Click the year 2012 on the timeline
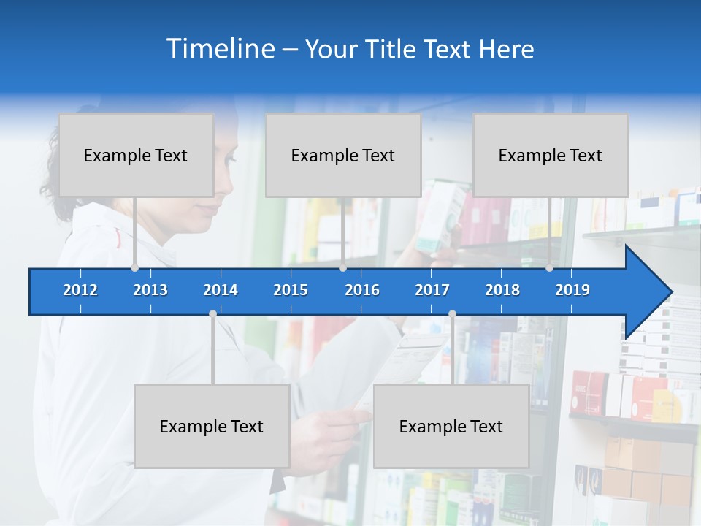[x=80, y=290]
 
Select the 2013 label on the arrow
[x=150, y=290]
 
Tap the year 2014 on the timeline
[x=221, y=290]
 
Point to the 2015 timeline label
[x=291, y=290]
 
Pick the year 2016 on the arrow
[x=362, y=290]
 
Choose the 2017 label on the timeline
[x=432, y=290]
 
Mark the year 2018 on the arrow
[x=502, y=290]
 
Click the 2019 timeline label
[x=572, y=290]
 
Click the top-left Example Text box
[x=136, y=155]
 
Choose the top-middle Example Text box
[x=343, y=155]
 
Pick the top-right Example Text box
[x=551, y=155]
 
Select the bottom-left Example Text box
[x=212, y=426]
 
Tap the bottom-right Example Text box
[x=451, y=426]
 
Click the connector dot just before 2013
[x=134, y=268]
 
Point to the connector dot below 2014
[x=212, y=313]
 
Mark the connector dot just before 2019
[x=549, y=268]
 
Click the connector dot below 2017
[x=452, y=313]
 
